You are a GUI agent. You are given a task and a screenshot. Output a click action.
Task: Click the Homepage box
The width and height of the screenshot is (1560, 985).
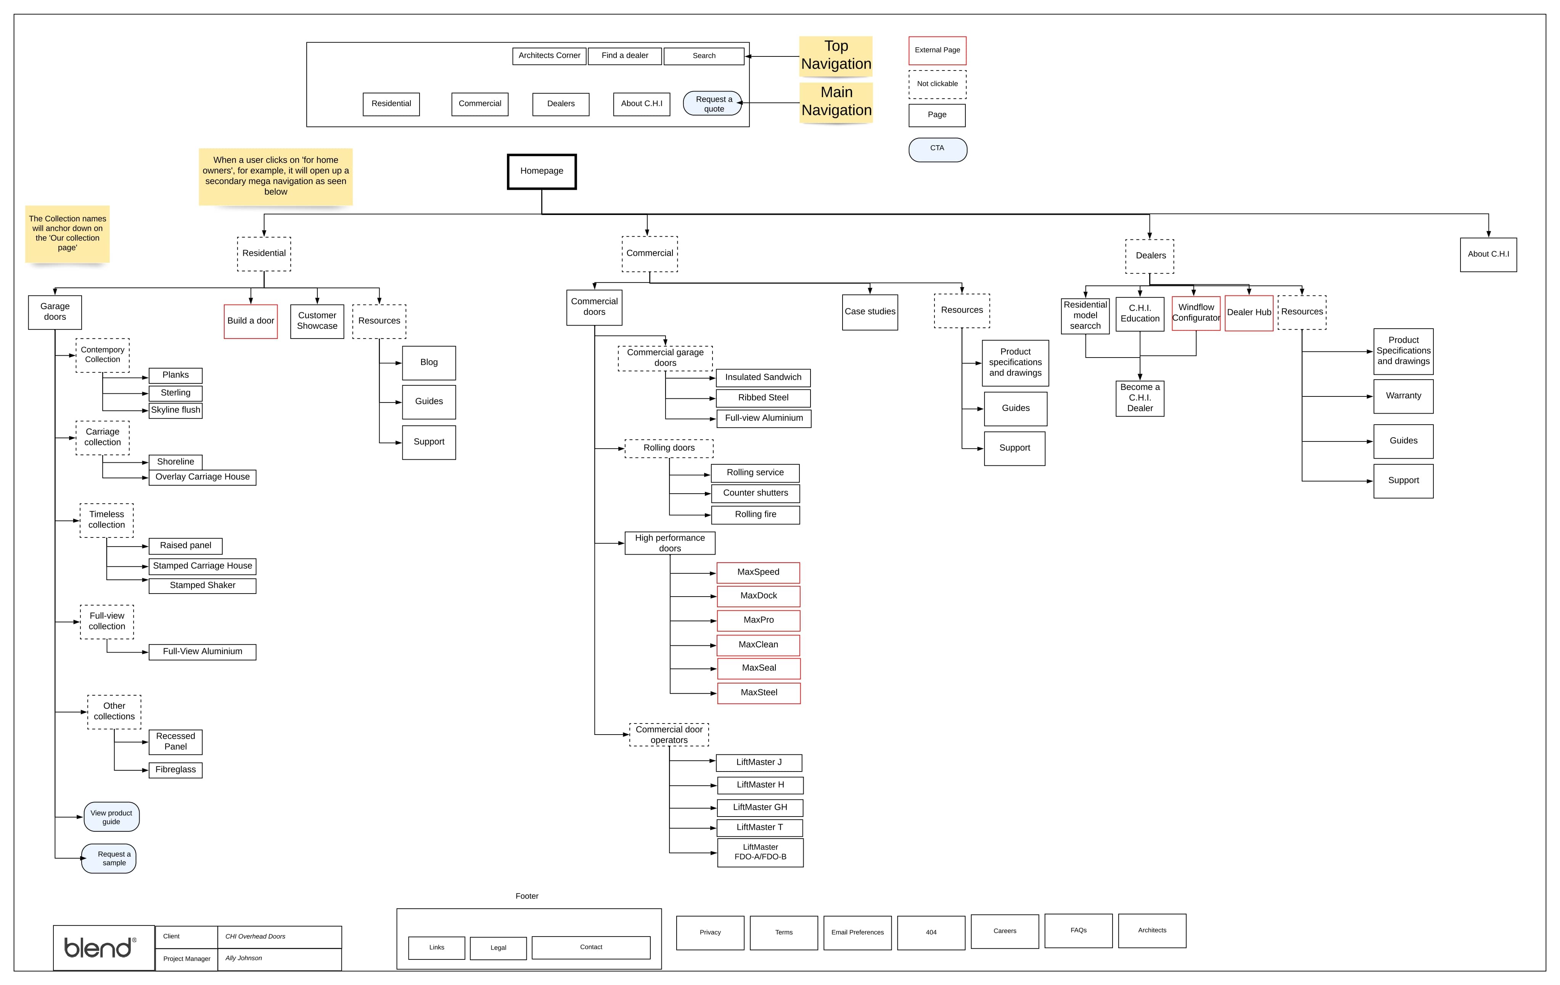point(542,172)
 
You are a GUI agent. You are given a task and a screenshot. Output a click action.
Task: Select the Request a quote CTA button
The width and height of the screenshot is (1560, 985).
point(712,104)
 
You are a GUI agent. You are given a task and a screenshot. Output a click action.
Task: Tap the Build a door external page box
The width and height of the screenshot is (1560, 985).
point(251,321)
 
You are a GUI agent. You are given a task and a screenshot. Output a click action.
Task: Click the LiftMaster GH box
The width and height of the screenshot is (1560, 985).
point(760,808)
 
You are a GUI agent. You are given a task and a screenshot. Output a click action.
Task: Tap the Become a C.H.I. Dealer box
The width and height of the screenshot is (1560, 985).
point(1140,398)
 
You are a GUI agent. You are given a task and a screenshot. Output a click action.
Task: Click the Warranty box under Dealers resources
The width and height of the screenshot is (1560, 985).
point(1403,396)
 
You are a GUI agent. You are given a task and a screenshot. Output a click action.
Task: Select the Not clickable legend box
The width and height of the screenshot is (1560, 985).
point(937,84)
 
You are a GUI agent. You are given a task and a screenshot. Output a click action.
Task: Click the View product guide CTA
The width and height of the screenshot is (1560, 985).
point(111,817)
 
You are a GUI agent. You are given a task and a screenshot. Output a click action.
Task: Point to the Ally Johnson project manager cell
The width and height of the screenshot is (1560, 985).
point(278,959)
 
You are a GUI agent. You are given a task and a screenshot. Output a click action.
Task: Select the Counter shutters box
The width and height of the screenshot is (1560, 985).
point(755,494)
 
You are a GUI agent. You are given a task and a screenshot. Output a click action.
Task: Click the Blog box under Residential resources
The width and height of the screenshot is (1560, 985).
point(429,363)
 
